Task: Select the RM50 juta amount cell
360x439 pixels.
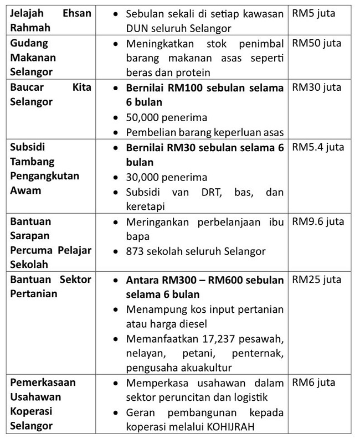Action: (x=316, y=43)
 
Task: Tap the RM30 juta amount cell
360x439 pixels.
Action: (x=316, y=87)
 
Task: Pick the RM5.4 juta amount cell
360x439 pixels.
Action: (x=318, y=147)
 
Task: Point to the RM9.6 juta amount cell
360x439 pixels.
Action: (x=318, y=221)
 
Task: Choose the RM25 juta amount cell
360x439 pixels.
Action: (x=316, y=280)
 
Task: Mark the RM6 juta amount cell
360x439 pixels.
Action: (x=313, y=383)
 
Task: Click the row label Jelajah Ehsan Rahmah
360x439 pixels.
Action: (x=50, y=20)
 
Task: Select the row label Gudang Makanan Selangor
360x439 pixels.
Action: (x=33, y=58)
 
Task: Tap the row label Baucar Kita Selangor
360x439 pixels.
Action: (x=50, y=95)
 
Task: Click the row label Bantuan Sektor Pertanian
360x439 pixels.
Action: (x=50, y=286)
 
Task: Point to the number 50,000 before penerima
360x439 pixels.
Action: (x=145, y=117)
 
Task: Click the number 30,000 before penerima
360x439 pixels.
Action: (x=145, y=177)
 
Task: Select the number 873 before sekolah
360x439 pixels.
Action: (x=137, y=251)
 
